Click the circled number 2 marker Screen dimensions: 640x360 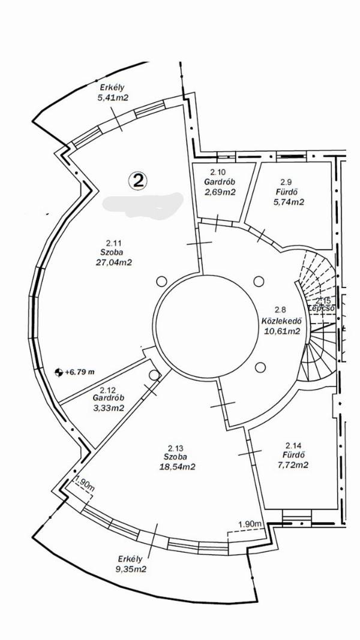click(138, 180)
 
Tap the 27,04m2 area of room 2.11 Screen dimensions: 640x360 click(114, 262)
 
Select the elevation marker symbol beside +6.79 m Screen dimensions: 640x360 click(58, 372)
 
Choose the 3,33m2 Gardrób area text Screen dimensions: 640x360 click(109, 408)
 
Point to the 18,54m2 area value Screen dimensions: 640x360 click(175, 466)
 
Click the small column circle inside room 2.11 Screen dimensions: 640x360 click(161, 280)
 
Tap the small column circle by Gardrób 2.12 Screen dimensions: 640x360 click(154, 375)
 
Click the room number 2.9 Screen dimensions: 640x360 click(286, 181)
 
